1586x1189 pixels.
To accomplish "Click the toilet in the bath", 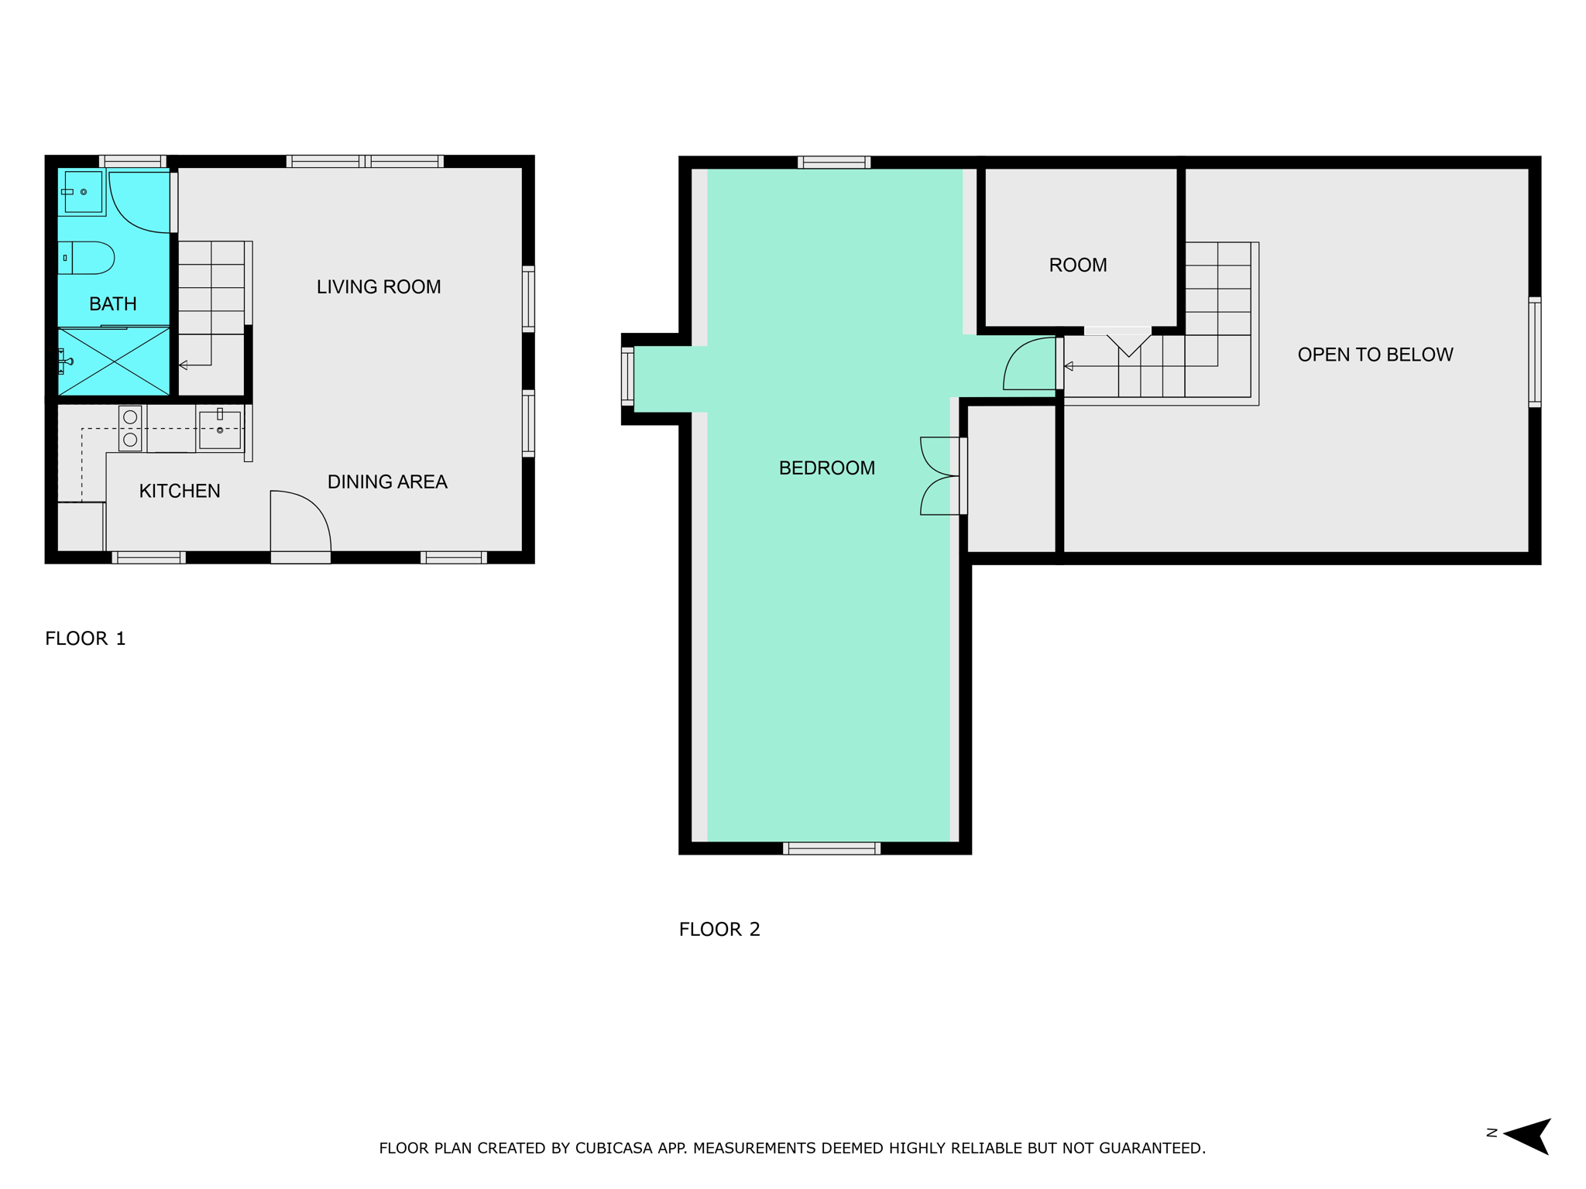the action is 86,258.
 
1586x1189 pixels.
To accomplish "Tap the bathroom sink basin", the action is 82,193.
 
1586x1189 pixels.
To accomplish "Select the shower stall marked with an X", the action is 114,361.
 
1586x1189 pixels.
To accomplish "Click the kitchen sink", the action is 220,429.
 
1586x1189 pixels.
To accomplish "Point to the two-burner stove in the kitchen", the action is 130,428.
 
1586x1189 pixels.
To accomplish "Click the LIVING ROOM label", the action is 379,287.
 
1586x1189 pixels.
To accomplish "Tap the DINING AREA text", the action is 387,482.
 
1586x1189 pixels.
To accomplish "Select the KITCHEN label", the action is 180,491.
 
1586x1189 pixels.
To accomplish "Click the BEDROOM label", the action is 827,468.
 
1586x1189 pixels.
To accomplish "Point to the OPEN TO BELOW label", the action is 1375,355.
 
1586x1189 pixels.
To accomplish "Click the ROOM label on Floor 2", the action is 1078,266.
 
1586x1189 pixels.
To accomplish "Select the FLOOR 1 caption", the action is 85,639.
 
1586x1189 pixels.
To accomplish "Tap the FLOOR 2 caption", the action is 719,929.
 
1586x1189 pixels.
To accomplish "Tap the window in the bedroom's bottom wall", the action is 832,848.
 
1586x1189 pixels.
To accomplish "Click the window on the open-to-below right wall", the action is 1534,352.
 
